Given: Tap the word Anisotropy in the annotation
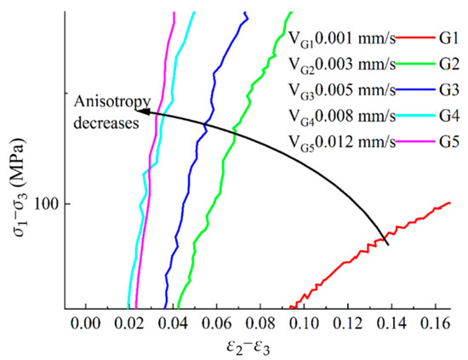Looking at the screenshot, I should coord(105,103).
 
